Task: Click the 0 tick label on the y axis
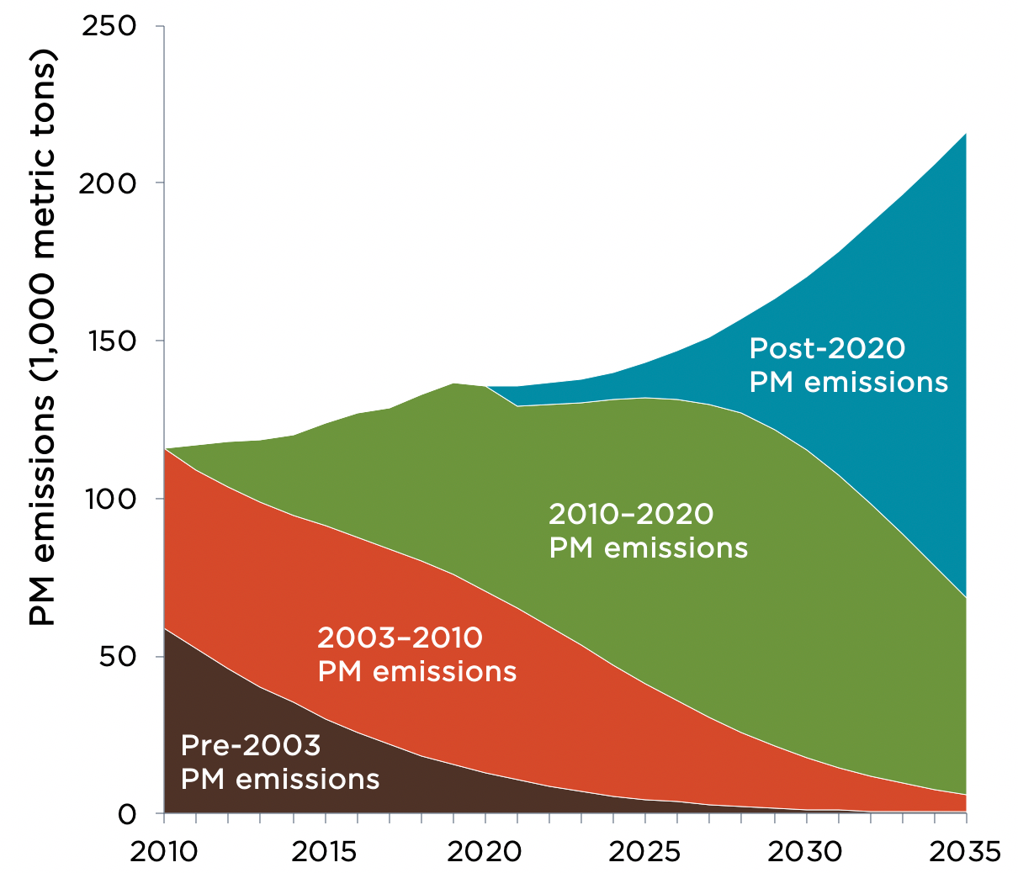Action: tap(126, 813)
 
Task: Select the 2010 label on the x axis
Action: tap(164, 851)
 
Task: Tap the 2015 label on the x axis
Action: tap(325, 851)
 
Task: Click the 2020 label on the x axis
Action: tap(485, 851)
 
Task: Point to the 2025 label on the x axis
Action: tap(645, 851)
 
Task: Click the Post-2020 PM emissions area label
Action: tap(848, 365)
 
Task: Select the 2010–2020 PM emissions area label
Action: tap(648, 531)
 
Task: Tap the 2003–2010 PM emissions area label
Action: tap(416, 654)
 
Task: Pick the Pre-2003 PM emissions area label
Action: tap(279, 762)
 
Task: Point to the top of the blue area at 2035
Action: tap(966, 133)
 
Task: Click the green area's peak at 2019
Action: tap(453, 384)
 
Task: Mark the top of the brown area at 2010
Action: tap(165, 628)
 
